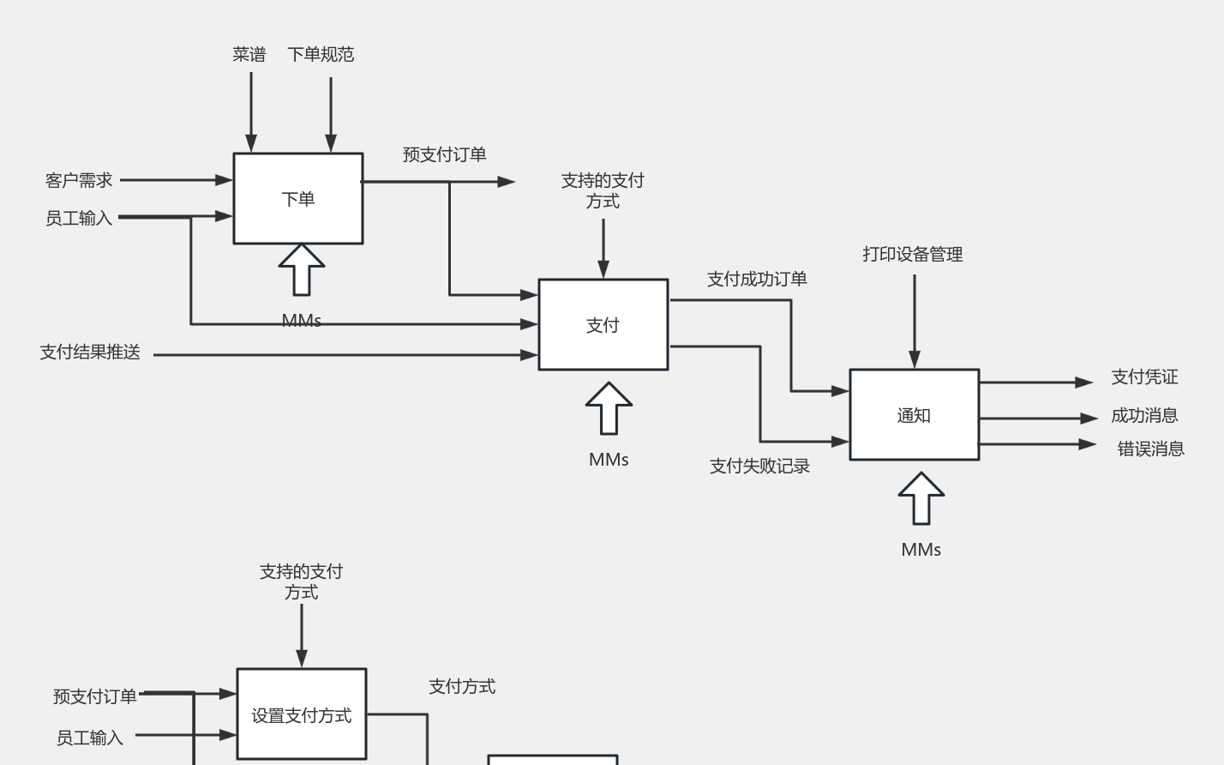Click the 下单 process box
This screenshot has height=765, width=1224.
click(298, 199)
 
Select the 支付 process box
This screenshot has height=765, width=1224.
click(603, 325)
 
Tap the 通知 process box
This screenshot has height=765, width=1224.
click(914, 415)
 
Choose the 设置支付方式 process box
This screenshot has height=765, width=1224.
click(301, 714)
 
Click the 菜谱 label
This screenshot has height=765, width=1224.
click(249, 54)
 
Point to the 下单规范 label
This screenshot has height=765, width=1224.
click(321, 54)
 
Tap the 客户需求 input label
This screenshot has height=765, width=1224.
click(79, 180)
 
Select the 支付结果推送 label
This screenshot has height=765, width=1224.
click(90, 352)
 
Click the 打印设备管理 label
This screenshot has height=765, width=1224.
click(913, 254)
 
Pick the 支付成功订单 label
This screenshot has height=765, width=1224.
click(757, 279)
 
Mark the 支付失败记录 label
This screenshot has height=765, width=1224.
click(759, 466)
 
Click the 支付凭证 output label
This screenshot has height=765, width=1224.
click(1144, 376)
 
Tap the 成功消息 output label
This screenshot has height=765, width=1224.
click(1144, 415)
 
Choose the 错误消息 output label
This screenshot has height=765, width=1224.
click(1150, 449)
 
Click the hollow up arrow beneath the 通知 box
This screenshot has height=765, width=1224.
click(921, 498)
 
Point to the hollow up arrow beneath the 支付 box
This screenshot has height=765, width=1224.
click(609, 408)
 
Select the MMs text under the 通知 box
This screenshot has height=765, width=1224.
click(921, 550)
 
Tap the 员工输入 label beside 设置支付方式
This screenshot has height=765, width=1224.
click(90, 738)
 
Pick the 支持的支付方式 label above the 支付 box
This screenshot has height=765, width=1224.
click(603, 190)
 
